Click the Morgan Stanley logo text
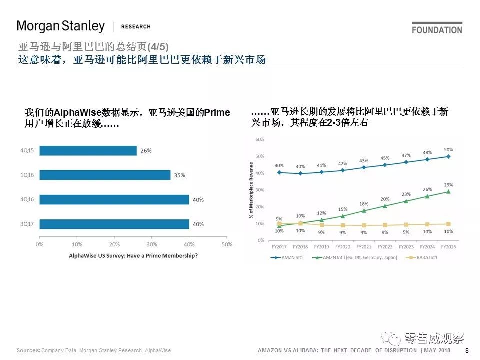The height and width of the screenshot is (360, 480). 61,26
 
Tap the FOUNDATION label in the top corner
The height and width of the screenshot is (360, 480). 437,30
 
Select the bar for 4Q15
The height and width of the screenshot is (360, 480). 88,150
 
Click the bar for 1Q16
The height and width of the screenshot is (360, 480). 105,175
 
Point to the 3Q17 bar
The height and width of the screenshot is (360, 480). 114,224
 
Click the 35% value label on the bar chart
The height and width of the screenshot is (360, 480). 179,175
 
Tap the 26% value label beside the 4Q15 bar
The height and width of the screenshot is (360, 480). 146,150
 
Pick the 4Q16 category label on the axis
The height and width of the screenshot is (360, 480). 26,200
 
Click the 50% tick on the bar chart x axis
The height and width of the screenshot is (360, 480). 227,244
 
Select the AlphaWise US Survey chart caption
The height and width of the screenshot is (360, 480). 133,255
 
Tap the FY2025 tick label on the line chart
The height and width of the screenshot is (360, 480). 448,247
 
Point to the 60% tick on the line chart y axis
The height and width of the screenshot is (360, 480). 259,139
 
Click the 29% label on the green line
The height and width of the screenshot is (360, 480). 448,184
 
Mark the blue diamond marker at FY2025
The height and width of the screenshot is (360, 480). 448,156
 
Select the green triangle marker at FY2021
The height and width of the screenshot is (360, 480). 364,210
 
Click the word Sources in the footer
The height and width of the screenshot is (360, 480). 28,351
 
